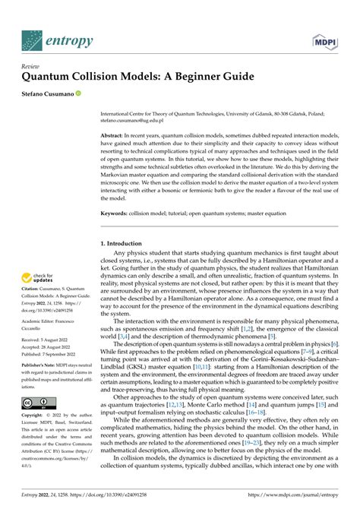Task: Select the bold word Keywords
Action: point(115,213)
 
